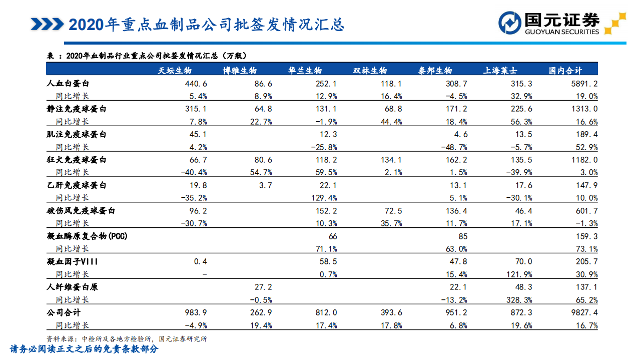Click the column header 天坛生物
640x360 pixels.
[x=175, y=71]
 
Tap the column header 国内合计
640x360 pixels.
[x=565, y=71]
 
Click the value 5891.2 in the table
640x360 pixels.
[x=584, y=84]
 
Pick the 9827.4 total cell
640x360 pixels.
[x=584, y=312]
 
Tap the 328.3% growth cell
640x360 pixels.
[x=520, y=300]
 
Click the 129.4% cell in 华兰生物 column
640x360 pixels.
[x=325, y=198]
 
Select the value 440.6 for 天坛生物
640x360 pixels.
[x=196, y=84]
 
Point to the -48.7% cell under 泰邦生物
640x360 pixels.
[x=454, y=147]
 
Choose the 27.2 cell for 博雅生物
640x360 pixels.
[x=263, y=287]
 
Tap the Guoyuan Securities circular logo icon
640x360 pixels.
[x=510, y=23]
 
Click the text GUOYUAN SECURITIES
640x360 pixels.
[x=561, y=32]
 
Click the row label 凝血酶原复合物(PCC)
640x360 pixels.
[x=87, y=236]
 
